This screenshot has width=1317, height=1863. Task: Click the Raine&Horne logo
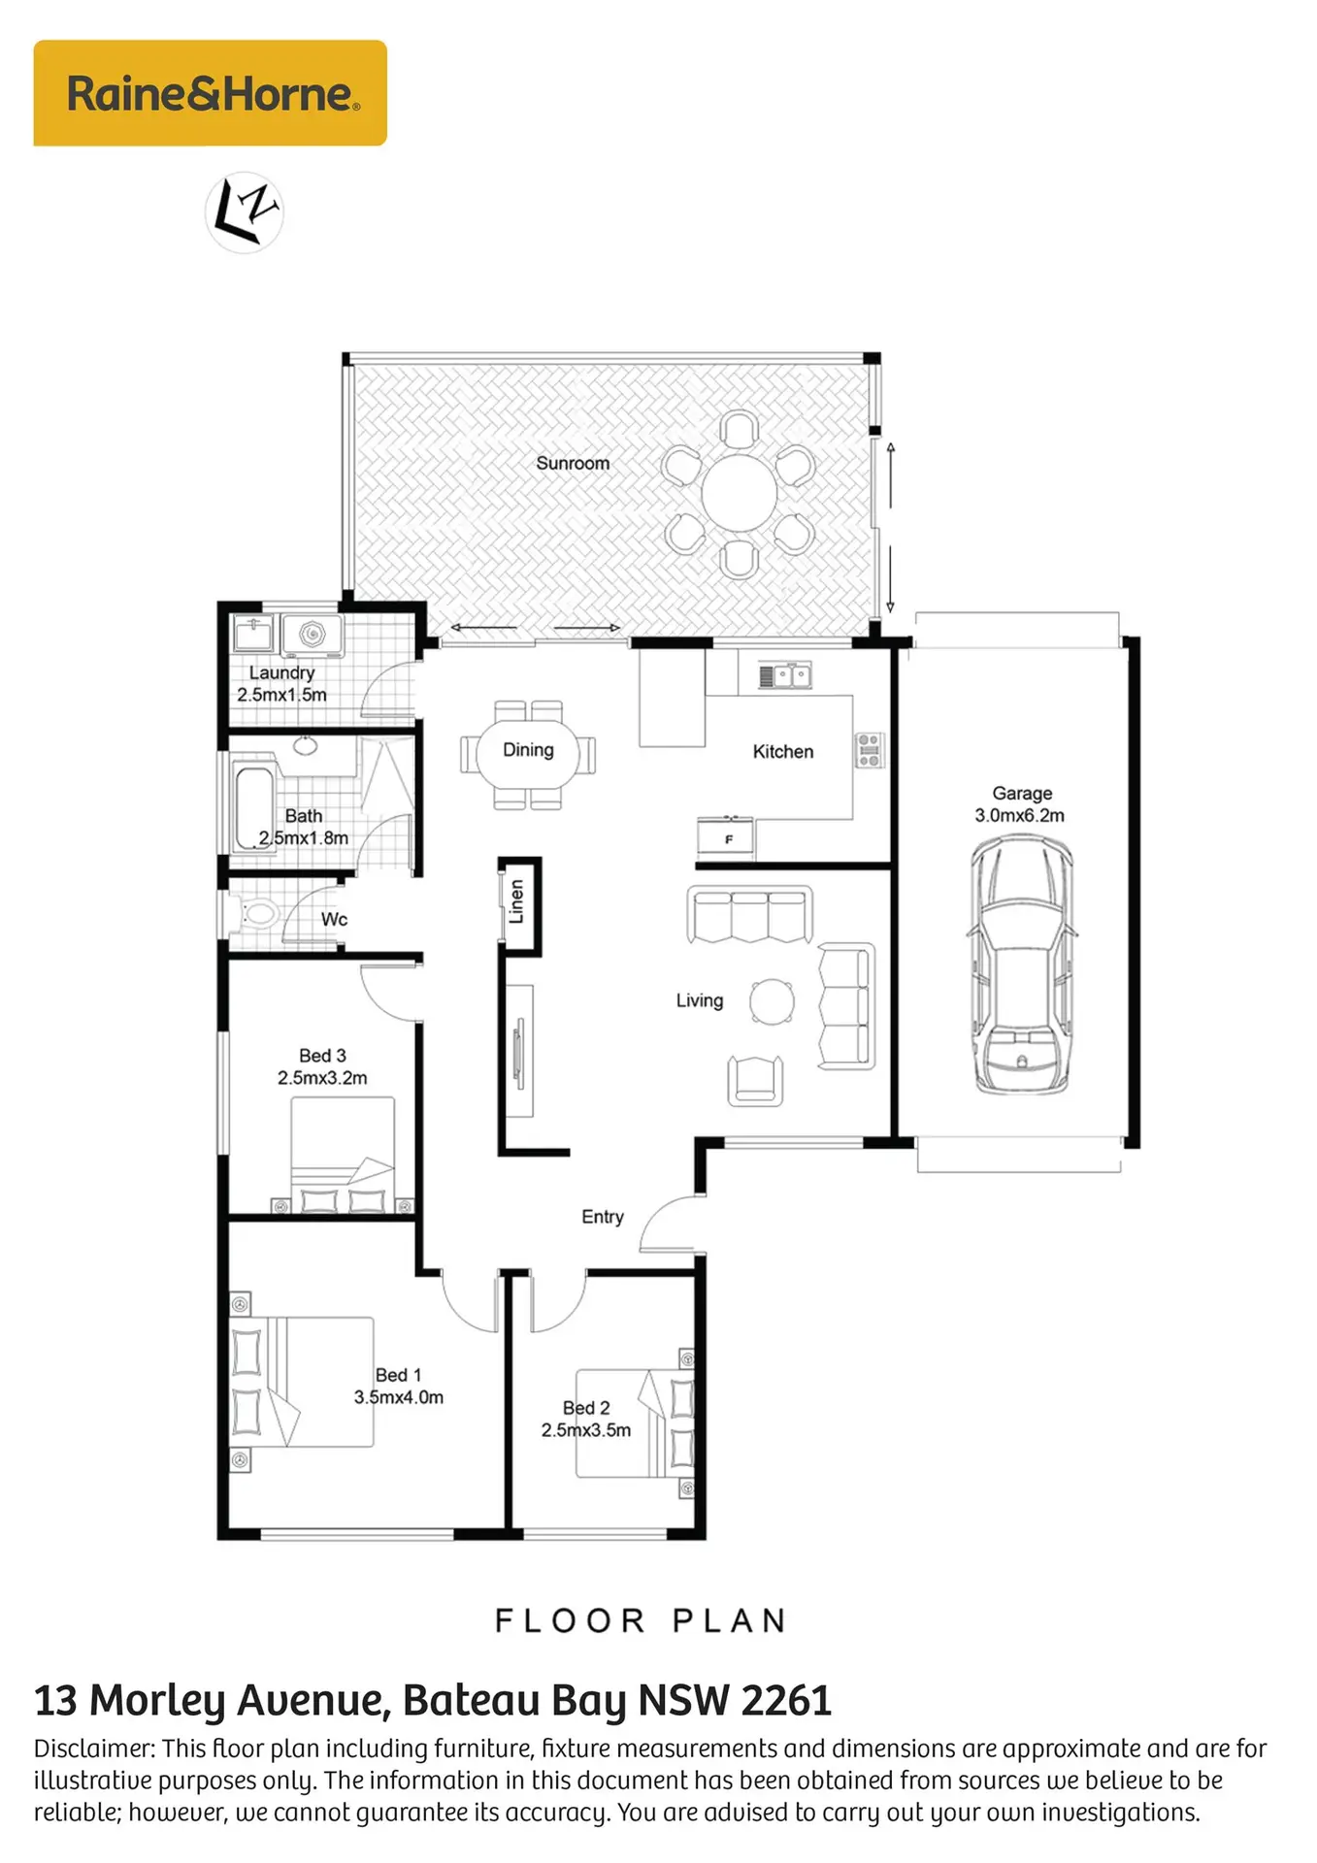tap(211, 93)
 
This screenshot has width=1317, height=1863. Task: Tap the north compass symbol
tap(245, 212)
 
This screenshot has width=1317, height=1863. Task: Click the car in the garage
tap(1021, 965)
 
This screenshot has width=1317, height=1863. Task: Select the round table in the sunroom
tap(739, 492)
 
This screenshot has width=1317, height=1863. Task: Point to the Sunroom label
tap(573, 463)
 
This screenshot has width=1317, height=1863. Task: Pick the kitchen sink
tap(784, 675)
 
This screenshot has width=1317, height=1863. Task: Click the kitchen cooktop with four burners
tap(869, 750)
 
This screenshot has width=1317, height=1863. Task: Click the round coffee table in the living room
tap(773, 1001)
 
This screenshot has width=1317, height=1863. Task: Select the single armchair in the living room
tap(756, 1080)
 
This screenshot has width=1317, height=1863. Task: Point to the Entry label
tap(602, 1217)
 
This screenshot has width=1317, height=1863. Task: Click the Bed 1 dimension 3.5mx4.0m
tap(398, 1397)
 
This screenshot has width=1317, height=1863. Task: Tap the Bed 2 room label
tap(586, 1407)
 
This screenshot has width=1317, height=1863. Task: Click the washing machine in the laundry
tap(311, 635)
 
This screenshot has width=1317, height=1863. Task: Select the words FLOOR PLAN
tap(641, 1620)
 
